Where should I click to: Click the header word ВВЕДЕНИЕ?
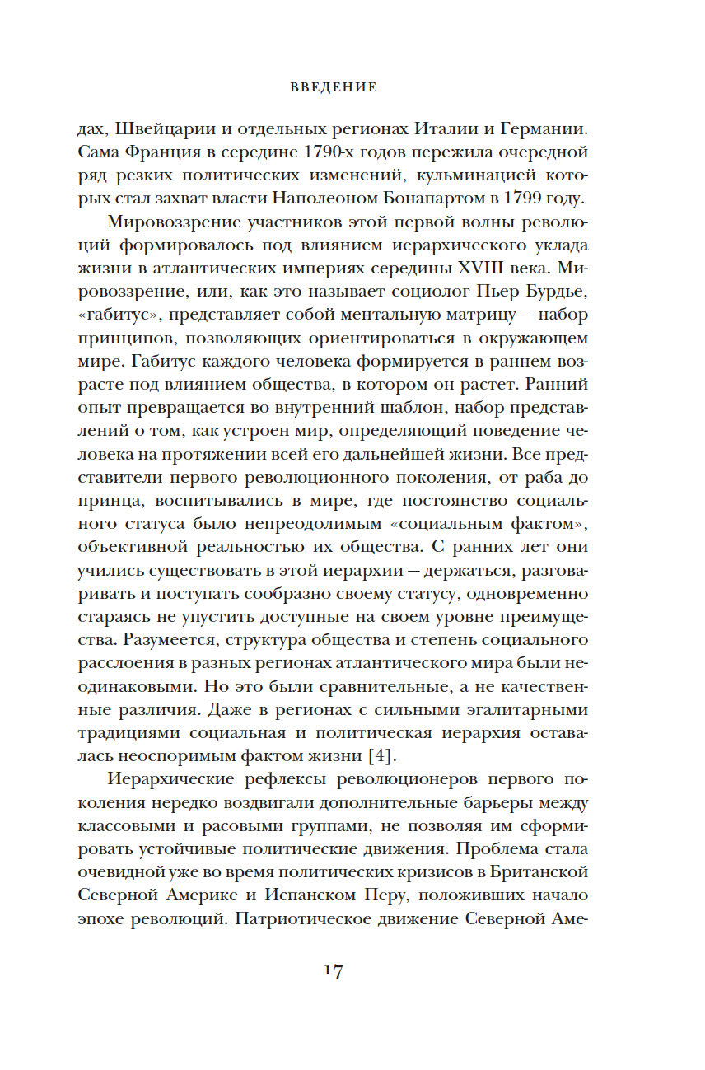point(334,86)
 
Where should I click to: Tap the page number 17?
point(333,971)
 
